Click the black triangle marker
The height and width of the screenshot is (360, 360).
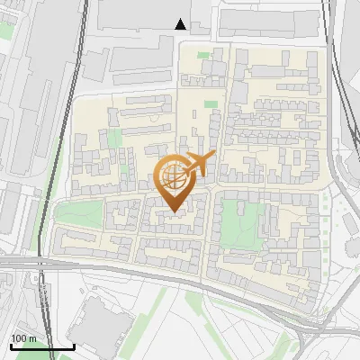(181, 24)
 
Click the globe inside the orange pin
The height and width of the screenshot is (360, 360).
(172, 175)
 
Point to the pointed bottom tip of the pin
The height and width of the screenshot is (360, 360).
(174, 211)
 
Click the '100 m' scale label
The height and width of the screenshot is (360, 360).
(24, 338)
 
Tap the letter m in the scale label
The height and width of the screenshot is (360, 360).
(33, 338)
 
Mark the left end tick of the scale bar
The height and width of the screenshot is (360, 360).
(11, 345)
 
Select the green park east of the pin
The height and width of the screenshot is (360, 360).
(241, 219)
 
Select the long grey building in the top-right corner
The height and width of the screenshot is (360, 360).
(270, 22)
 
